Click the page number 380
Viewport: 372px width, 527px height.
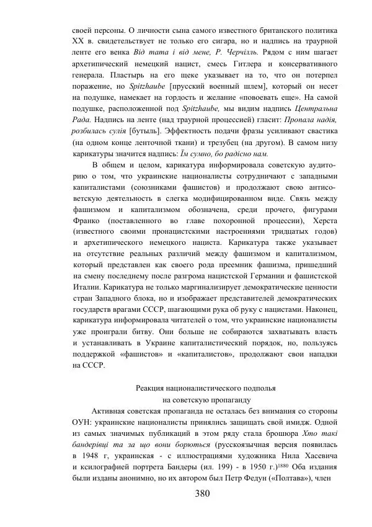point(202,494)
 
